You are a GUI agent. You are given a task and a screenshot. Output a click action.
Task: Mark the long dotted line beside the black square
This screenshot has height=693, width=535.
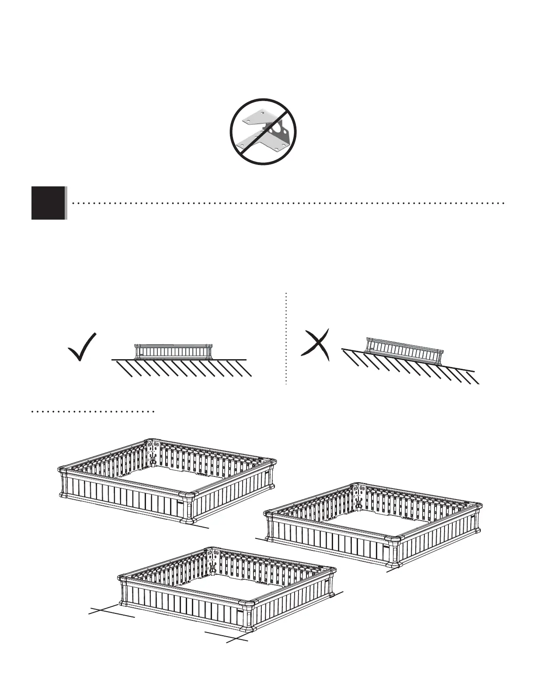pyautogui.click(x=288, y=203)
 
